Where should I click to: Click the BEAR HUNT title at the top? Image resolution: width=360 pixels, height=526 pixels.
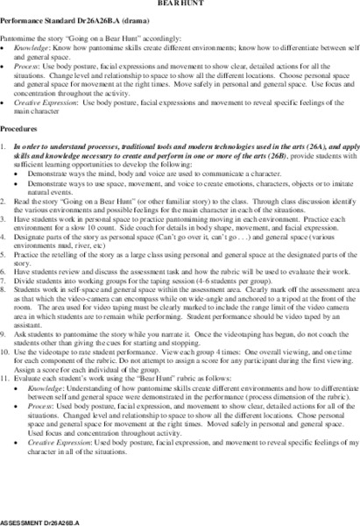pos(180,4)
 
